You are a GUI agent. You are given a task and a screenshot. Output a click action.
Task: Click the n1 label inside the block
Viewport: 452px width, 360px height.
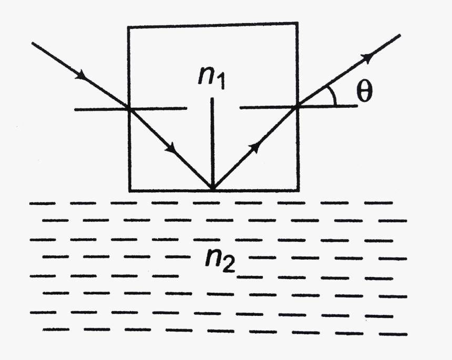[x=212, y=77]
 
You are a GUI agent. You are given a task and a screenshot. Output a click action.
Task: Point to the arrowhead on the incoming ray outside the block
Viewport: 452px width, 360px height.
[x=81, y=76]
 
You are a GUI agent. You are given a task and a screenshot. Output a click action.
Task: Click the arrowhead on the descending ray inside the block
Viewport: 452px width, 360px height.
[x=171, y=149]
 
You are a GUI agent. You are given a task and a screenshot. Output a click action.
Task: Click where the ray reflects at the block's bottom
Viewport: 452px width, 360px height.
[x=212, y=189]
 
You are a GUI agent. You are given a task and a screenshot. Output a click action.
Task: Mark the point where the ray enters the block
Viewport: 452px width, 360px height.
[x=129, y=109]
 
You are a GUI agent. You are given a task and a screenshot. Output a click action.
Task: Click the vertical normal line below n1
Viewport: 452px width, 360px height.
[x=212, y=142]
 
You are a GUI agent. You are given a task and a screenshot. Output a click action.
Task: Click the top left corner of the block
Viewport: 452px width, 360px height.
[x=129, y=26]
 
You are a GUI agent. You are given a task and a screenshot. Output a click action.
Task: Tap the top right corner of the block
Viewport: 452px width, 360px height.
[x=298, y=23]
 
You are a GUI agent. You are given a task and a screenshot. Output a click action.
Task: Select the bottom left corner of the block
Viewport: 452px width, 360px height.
[x=129, y=190]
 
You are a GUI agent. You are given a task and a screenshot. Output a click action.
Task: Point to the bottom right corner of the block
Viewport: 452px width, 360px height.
[x=299, y=189]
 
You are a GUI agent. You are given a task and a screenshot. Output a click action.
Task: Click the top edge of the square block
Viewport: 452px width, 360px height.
[x=213, y=25]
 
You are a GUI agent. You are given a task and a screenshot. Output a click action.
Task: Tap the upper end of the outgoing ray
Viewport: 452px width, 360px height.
[x=400, y=35]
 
